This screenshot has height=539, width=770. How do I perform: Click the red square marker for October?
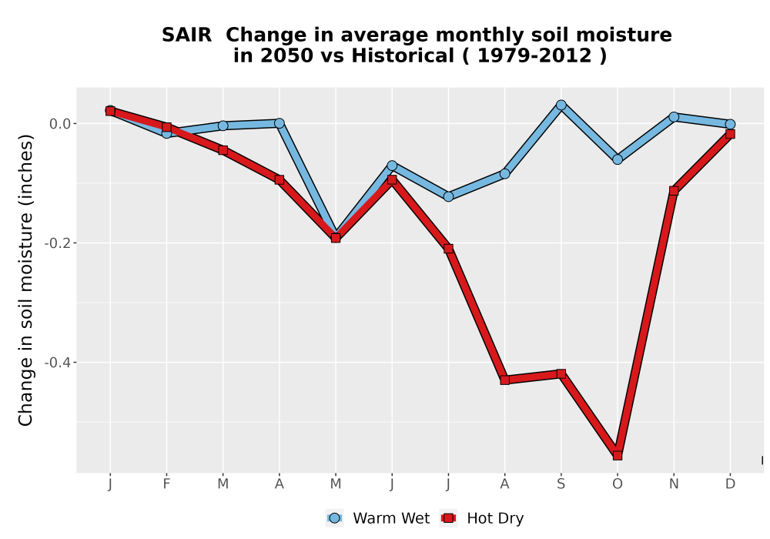[x=618, y=456]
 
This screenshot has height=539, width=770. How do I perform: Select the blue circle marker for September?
[x=561, y=105]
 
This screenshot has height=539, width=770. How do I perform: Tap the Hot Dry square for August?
[x=505, y=380]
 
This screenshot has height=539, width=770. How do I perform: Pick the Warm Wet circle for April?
[x=280, y=123]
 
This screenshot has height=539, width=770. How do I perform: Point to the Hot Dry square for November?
[x=674, y=190]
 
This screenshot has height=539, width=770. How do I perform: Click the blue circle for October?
[x=618, y=159]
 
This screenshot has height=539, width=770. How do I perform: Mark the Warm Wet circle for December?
[x=730, y=124]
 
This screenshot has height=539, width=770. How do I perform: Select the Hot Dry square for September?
[x=561, y=373]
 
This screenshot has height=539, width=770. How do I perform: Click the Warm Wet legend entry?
[x=377, y=518]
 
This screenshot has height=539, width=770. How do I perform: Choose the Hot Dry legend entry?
[x=482, y=518]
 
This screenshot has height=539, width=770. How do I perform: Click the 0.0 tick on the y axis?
[x=60, y=124]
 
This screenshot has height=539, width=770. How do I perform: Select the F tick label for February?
[x=166, y=484]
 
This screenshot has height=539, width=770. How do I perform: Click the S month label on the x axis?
[x=561, y=484]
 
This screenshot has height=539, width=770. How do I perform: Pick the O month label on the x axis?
[x=618, y=484]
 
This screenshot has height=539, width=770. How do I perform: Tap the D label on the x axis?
[x=730, y=484]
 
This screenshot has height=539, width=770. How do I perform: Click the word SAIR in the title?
[x=186, y=35]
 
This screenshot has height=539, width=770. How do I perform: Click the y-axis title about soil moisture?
[x=25, y=280]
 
